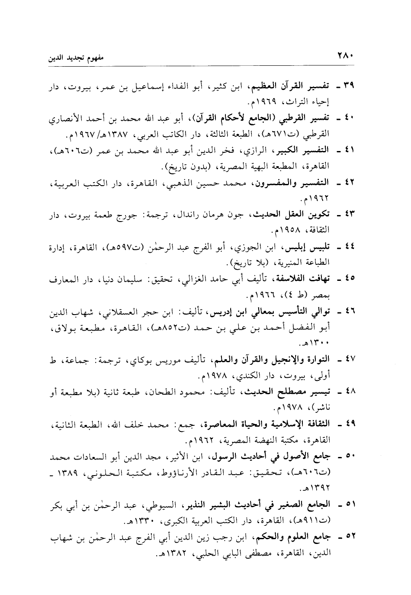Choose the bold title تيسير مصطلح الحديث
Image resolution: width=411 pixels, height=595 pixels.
(291, 392)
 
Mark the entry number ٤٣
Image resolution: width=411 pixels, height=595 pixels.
(349, 214)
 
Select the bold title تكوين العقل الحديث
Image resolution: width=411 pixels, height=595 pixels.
(291, 214)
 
